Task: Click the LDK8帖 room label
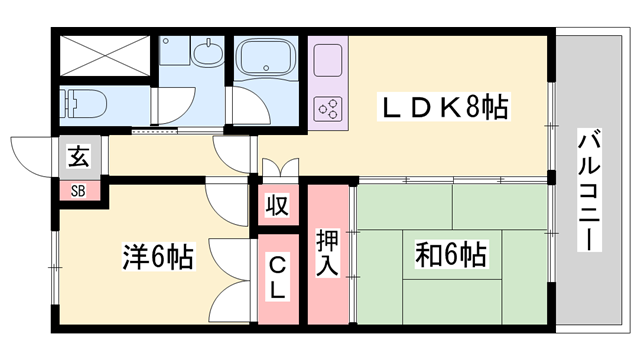[x=442, y=106]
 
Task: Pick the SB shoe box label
[x=77, y=190]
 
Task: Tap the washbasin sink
[x=208, y=53]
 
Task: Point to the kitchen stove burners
[x=327, y=107]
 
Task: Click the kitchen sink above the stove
[x=327, y=62]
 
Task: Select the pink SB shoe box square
[x=77, y=190]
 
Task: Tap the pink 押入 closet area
[x=327, y=290]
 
